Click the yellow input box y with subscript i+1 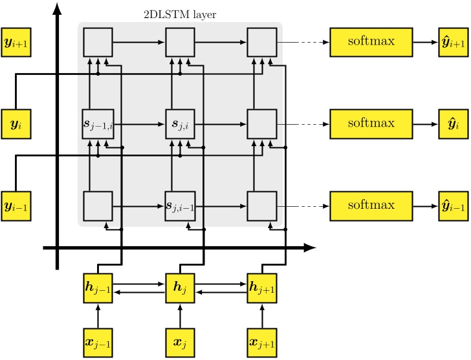pos(16,43)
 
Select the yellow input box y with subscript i pos(16,123)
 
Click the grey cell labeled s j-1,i pos(98,123)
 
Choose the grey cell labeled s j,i pos(180,123)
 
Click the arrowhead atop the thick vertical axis pos(58,8)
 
